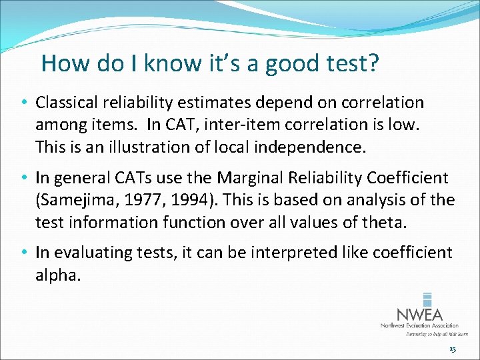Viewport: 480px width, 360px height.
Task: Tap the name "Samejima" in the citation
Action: coord(75,200)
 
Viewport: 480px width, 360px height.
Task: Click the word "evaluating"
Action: coord(86,253)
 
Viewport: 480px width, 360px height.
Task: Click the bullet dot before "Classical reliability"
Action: coord(24,103)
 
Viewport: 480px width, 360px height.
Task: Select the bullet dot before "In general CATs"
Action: coord(24,179)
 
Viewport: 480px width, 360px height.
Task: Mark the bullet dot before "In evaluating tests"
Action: coord(24,253)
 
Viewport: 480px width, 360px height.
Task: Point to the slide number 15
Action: coord(453,349)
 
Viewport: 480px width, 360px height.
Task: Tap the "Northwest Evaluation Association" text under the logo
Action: coord(419,326)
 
